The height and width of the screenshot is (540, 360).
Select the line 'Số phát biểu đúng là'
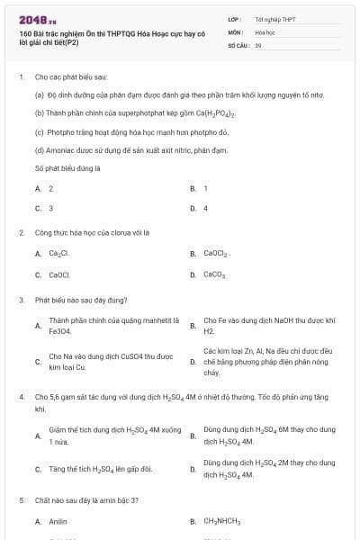pyautogui.click(x=67, y=167)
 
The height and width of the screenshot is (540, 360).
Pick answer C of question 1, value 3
pyautogui.click(x=50, y=208)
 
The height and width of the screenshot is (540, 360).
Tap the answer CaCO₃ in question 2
pyautogui.click(x=214, y=274)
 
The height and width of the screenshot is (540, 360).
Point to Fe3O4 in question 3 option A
pyautogui.click(x=59, y=331)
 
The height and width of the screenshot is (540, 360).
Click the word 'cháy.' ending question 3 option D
pyautogui.click(x=212, y=372)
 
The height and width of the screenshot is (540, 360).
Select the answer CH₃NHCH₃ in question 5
pyautogui.click(x=222, y=521)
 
